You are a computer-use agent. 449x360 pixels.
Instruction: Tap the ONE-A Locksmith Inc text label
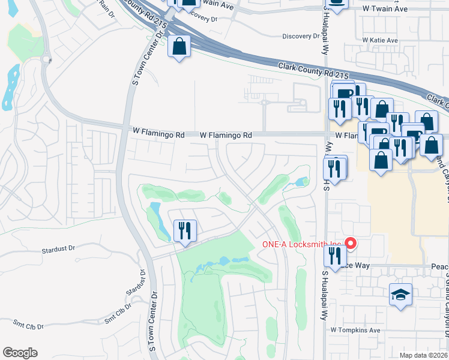pos(301,244)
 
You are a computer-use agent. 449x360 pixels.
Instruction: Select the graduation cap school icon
pos(400,295)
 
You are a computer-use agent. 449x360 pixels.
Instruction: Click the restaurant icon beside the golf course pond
pos(185,230)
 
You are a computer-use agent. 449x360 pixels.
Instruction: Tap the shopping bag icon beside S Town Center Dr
pos(179,46)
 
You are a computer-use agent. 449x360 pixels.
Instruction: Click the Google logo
pos(20,353)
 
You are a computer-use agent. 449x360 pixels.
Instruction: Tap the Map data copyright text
pos(423,355)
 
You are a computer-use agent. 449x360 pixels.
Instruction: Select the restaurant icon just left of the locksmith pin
pos(333,254)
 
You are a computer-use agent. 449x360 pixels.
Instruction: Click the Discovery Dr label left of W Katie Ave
pos(301,36)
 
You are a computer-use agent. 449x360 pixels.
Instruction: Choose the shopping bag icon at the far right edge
pos(431,145)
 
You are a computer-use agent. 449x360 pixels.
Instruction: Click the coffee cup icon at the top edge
pos(337,3)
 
